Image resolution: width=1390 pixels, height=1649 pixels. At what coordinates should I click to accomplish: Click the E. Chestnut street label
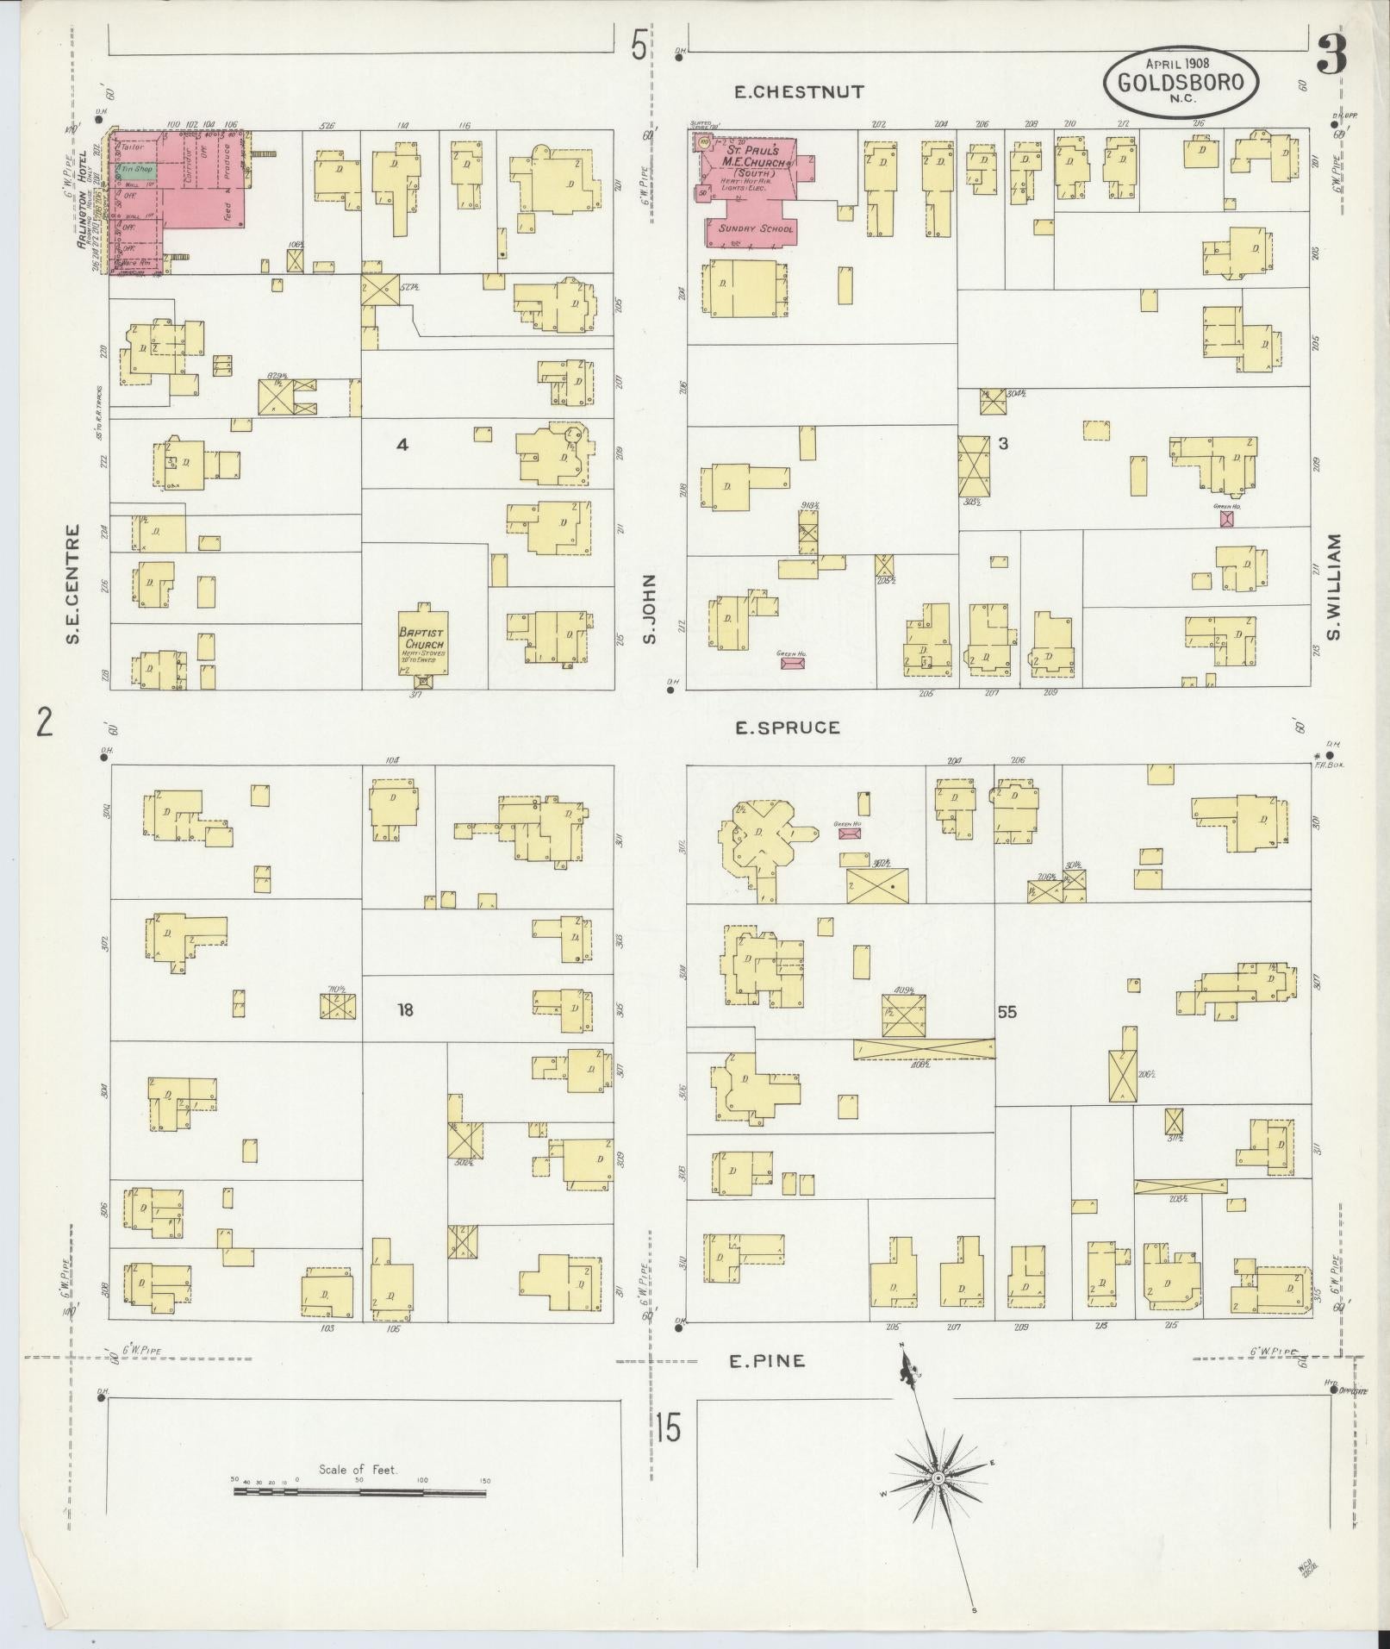click(799, 91)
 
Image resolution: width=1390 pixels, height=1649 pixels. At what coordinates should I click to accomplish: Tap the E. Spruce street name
click(787, 728)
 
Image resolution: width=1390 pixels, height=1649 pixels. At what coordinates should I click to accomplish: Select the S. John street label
click(649, 609)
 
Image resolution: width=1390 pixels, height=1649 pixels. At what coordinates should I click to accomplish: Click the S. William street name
click(1335, 587)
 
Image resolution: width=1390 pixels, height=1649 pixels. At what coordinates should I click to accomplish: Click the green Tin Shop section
click(137, 170)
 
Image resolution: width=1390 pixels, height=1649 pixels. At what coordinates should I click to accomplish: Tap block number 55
click(1007, 1011)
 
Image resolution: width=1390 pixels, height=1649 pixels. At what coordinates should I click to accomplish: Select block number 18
click(405, 1009)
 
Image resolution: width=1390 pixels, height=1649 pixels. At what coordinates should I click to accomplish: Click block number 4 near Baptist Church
click(401, 445)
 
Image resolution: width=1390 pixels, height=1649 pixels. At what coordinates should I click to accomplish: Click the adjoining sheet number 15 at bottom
click(667, 1427)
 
